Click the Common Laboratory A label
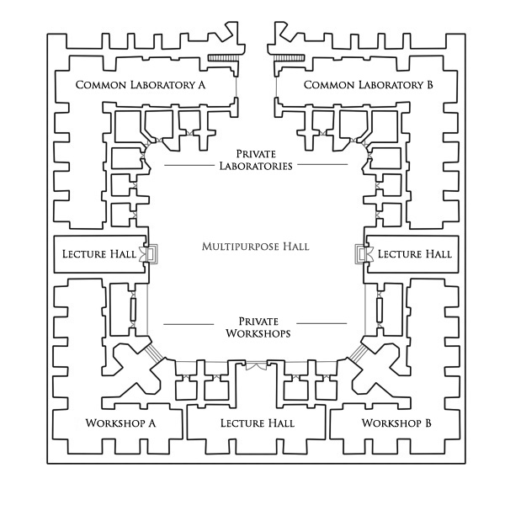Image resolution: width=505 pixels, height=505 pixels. point(141,84)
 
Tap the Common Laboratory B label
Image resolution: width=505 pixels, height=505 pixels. point(368,84)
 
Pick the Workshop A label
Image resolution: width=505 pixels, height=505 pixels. point(121,423)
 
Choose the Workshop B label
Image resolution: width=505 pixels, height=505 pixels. point(396,423)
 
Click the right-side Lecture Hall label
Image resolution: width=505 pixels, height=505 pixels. point(413,253)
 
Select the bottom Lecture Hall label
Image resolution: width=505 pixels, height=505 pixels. point(257,423)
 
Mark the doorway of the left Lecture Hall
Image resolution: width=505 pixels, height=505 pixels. point(150,253)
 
